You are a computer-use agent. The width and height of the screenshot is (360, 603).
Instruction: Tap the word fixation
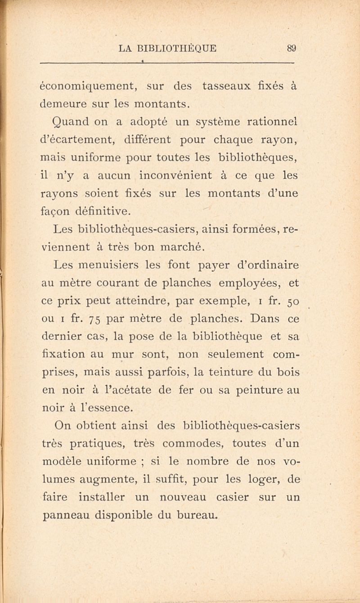tap(65, 354)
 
